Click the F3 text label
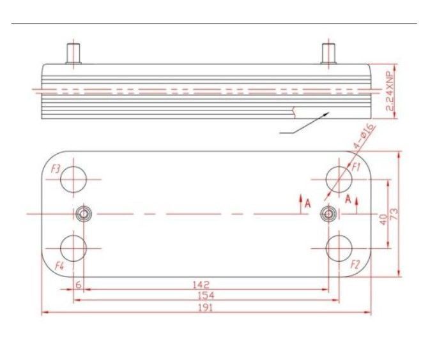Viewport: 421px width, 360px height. [x=56, y=169]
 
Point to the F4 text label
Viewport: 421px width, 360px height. [x=59, y=266]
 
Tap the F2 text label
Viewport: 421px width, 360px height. [x=355, y=265]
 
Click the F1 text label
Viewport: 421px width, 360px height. [x=356, y=167]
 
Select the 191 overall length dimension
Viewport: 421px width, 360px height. [x=206, y=308]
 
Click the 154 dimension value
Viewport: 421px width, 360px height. [x=206, y=296]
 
